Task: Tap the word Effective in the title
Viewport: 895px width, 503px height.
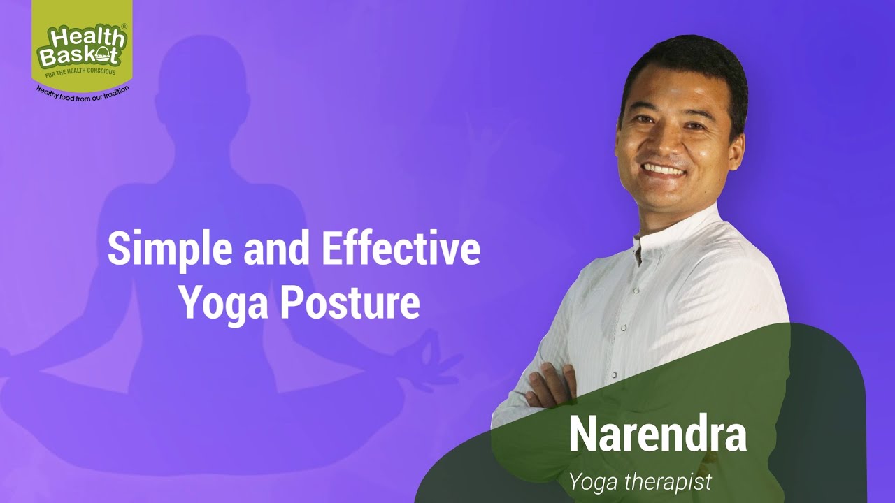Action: pyautogui.click(x=401, y=248)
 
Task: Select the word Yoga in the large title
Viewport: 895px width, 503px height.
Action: pyautogui.click(x=223, y=304)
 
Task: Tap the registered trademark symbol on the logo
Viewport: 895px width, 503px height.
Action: pyautogui.click(x=124, y=27)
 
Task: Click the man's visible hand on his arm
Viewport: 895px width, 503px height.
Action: pyautogui.click(x=552, y=385)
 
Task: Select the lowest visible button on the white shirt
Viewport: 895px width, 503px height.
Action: pyautogui.click(x=614, y=375)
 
